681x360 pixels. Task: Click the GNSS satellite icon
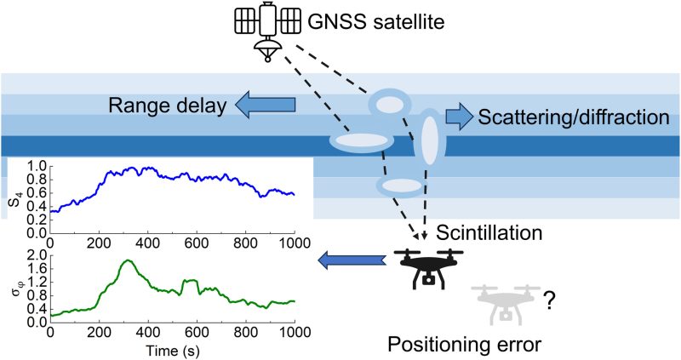tap(267, 31)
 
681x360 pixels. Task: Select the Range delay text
tap(167, 106)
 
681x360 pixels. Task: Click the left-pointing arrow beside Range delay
tap(265, 105)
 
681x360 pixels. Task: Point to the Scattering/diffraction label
tap(573, 117)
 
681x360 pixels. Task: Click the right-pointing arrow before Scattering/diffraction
tap(459, 117)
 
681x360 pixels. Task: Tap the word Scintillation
tap(489, 233)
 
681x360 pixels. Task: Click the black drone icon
tap(428, 269)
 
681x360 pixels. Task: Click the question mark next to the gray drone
tap(549, 300)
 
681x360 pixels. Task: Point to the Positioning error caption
tap(464, 345)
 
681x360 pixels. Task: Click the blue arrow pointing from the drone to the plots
tap(352, 261)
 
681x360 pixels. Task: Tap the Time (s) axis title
tap(173, 351)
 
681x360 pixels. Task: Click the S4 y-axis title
tap(15, 200)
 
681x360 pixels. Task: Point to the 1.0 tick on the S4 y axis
tap(36, 166)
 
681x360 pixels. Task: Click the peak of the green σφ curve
tap(128, 260)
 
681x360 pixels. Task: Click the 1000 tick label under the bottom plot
tap(295, 332)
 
